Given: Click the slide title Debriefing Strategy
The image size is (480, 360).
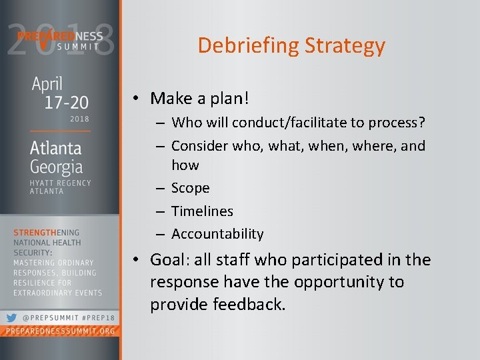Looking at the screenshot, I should pos(291,45).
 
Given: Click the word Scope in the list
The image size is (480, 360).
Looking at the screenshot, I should pos(190,188).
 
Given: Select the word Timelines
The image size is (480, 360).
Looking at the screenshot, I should pos(202,211).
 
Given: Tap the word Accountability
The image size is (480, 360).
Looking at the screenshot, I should pos(217,233).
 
